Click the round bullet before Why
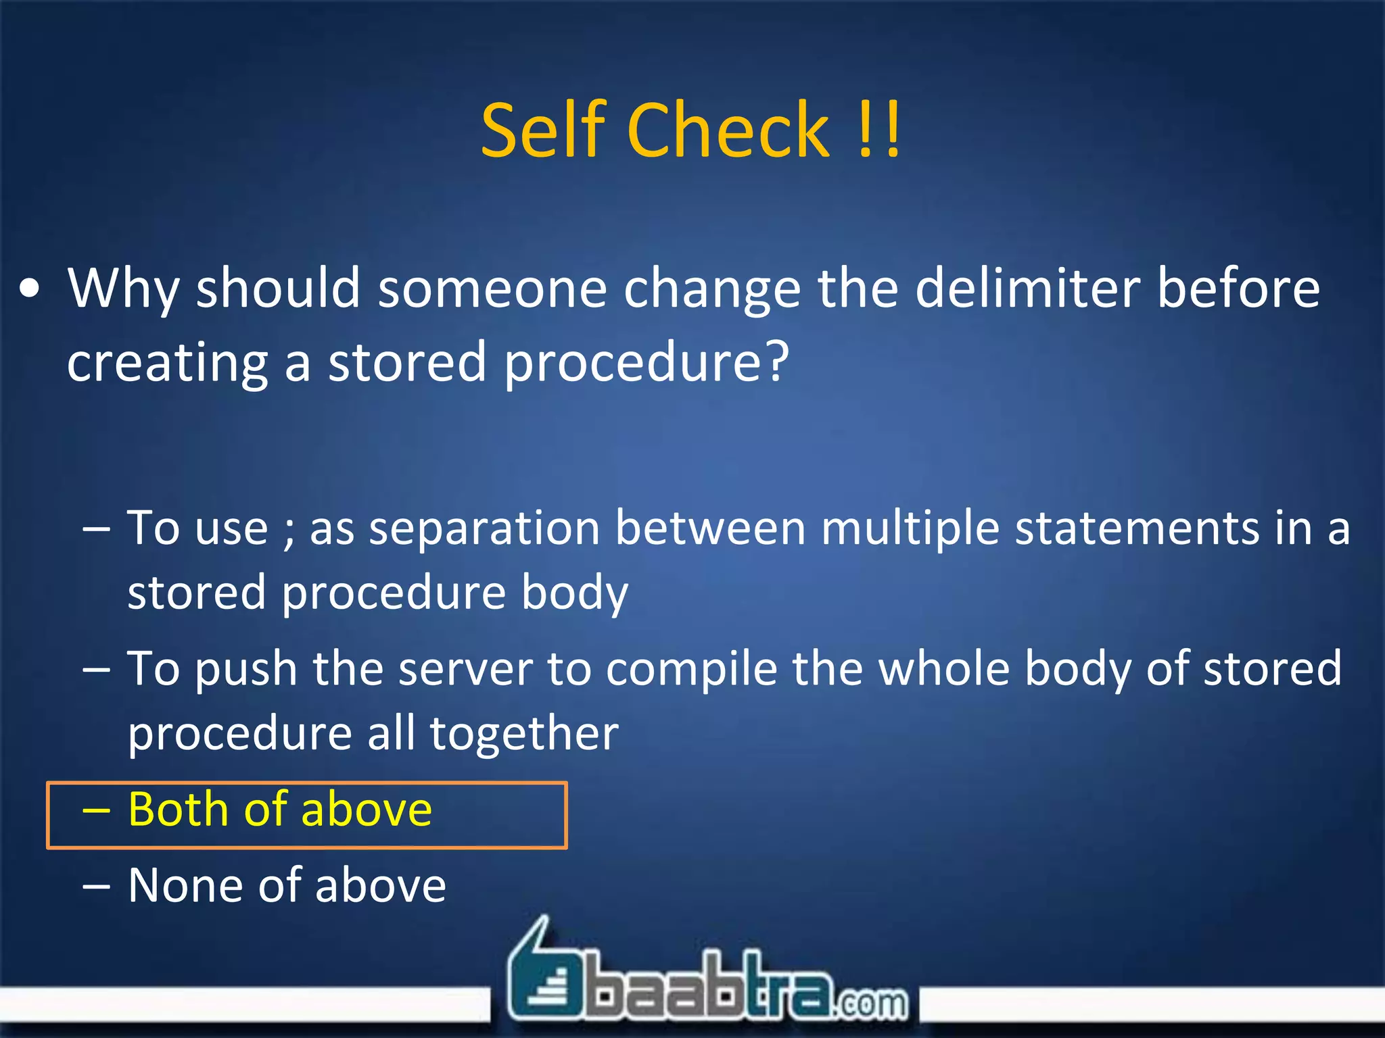coord(30,290)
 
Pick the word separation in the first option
coord(484,528)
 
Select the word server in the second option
coord(466,668)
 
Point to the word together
coord(524,733)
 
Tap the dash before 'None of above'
coord(95,886)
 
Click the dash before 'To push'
coord(95,669)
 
